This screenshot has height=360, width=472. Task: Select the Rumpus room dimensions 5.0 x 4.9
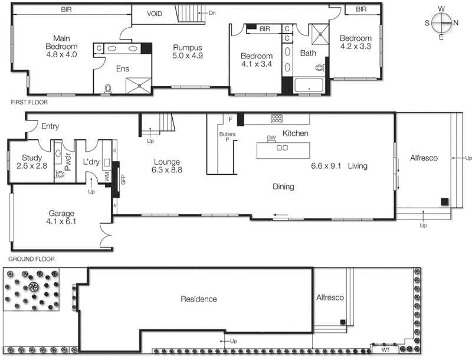pos(188,57)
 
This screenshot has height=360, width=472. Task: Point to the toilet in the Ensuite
pos(107,89)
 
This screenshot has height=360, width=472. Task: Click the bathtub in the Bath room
pos(308,86)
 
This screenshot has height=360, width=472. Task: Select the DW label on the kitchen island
pos(271,138)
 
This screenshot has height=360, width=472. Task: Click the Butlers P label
pos(227,138)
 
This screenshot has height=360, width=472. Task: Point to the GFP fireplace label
pos(123,179)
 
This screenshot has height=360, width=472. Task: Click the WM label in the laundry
pos(107,176)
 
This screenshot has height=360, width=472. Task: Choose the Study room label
pos(31,158)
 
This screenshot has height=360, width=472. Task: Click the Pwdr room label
pos(67,163)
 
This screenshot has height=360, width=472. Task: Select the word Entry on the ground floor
pos(50,126)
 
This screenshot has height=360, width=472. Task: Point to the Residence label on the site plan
pos(198,299)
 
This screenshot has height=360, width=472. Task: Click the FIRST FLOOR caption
pos(29,102)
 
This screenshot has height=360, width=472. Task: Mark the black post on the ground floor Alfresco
pos(444,202)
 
